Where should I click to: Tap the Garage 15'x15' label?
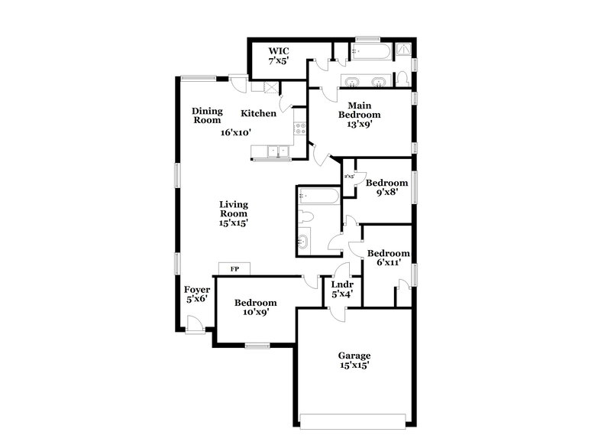point(354,360)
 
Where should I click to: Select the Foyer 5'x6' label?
point(197,294)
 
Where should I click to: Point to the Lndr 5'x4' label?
point(341,289)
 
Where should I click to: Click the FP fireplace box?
point(235,268)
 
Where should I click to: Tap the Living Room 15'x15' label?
point(234,214)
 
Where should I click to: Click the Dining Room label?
point(207,115)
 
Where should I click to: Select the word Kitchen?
point(258,114)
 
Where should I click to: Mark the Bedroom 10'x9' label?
point(255,307)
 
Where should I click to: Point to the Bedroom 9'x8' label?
point(386,188)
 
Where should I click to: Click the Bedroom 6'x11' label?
point(388,258)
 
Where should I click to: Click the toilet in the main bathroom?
point(402,77)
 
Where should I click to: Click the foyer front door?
point(196,325)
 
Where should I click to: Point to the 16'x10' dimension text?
point(236,132)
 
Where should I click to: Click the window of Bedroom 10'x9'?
point(257,346)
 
